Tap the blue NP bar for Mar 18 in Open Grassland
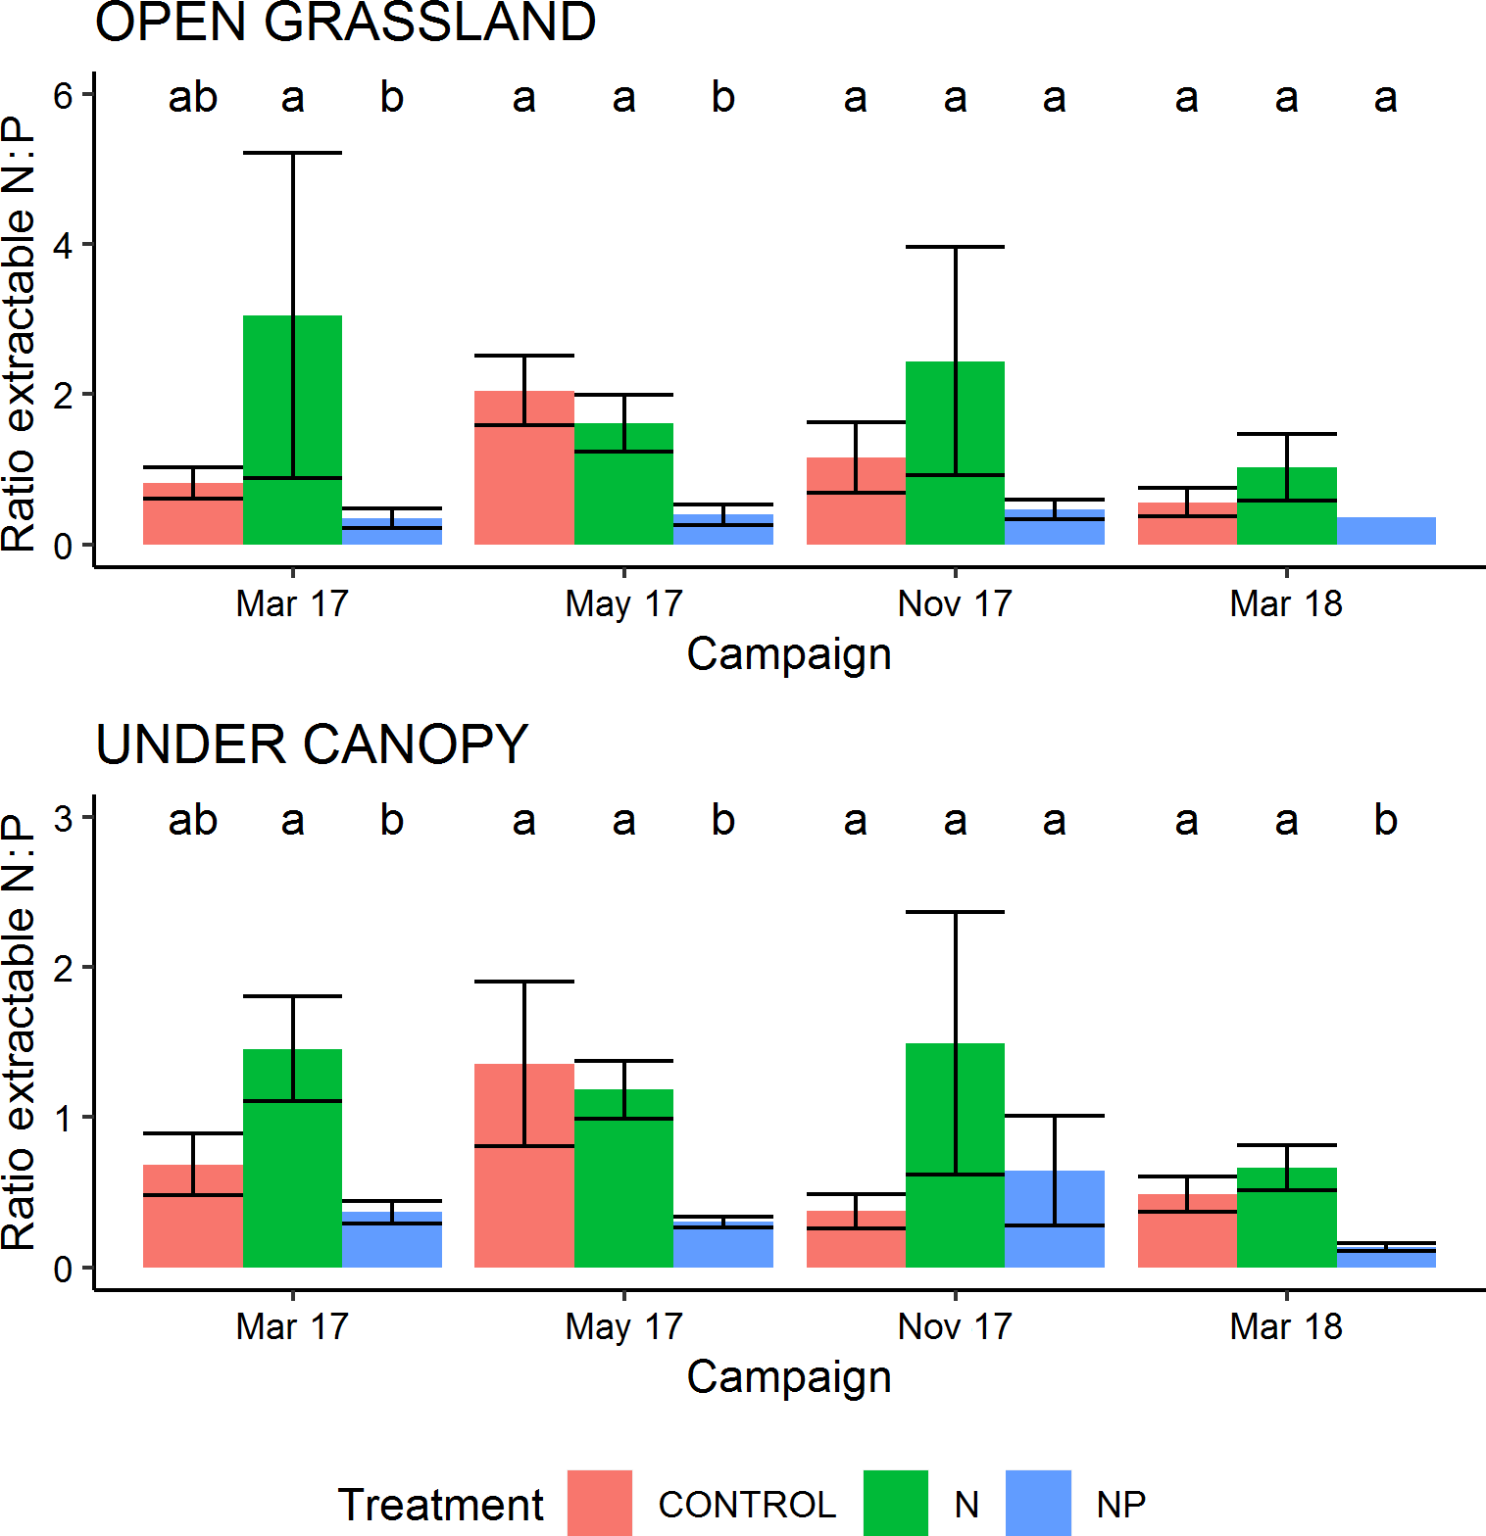1385,531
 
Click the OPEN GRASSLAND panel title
345,23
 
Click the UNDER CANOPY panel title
312,744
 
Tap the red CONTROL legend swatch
600,1503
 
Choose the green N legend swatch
895,1503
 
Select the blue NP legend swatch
1038,1503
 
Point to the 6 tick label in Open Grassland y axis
64,95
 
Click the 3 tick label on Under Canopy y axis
64,818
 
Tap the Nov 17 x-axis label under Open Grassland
955,603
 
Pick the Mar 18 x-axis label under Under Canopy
1286,1326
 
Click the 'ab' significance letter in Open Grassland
192,97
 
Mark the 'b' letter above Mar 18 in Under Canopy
1385,820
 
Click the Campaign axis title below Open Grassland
789,654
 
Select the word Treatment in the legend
441,1505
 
